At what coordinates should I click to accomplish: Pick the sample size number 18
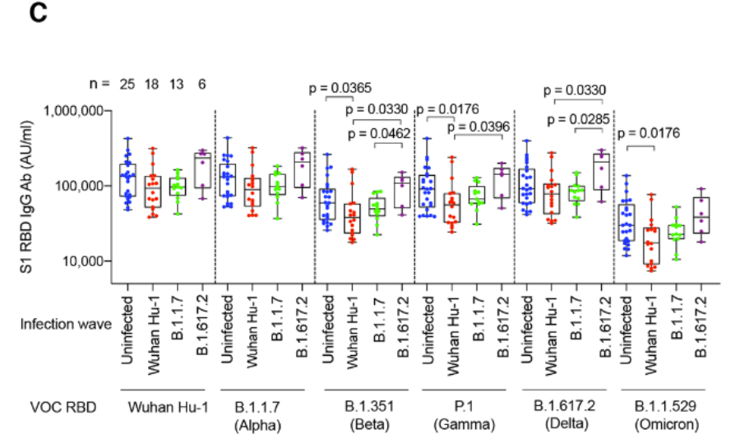(153, 83)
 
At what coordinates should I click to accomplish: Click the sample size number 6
(201, 83)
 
